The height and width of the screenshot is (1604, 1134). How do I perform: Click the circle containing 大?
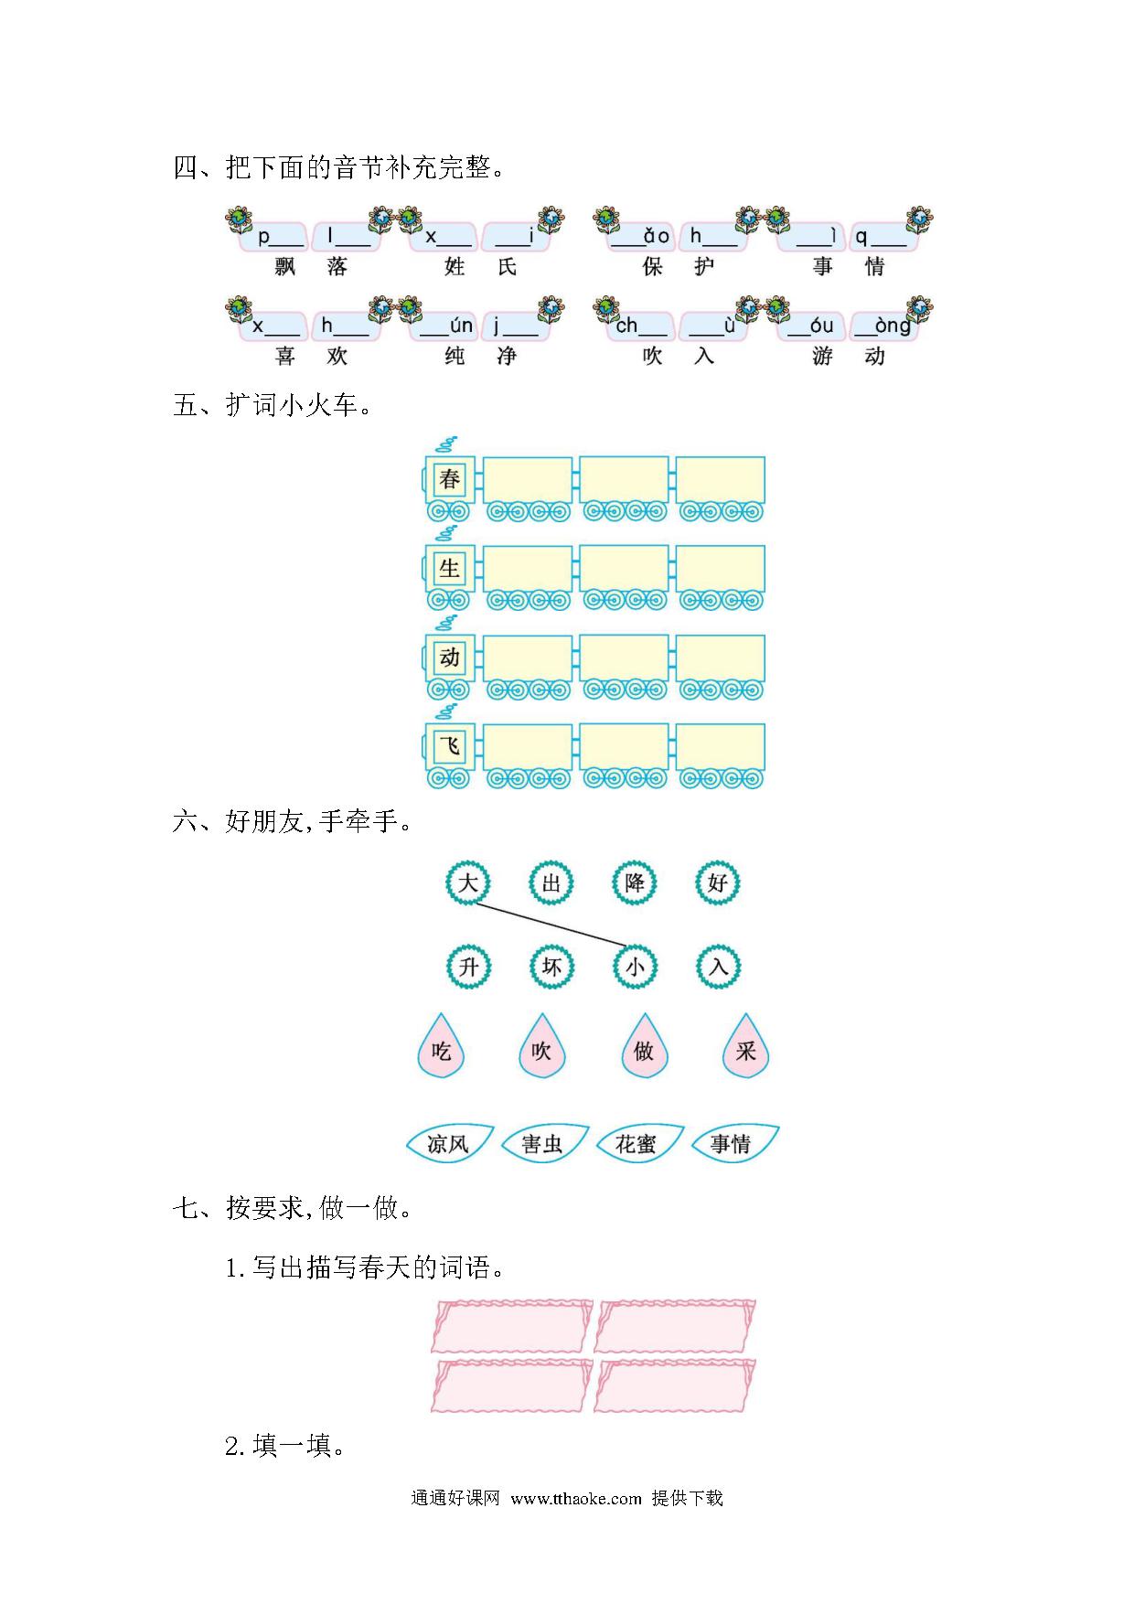click(x=467, y=882)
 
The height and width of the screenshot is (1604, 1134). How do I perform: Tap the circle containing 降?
click(x=635, y=882)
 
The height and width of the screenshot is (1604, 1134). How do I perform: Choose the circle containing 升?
click(x=468, y=967)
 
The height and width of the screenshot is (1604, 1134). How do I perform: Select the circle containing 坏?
click(x=551, y=967)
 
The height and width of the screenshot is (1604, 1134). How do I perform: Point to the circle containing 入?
click(x=719, y=967)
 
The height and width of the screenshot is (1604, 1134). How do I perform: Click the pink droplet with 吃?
click(x=441, y=1047)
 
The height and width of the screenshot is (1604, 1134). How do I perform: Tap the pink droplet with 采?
click(x=745, y=1047)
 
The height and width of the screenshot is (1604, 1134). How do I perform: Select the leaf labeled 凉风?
click(x=449, y=1143)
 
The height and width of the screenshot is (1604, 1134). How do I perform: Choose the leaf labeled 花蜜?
click(x=637, y=1143)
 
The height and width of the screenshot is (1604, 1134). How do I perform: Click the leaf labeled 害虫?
click(x=543, y=1143)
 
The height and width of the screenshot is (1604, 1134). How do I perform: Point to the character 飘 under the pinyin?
click(x=285, y=267)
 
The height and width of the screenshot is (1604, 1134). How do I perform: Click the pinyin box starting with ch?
click(x=640, y=326)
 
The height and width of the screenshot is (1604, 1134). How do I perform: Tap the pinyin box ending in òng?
click(x=883, y=326)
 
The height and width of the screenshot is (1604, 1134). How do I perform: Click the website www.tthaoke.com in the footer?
click(x=576, y=1499)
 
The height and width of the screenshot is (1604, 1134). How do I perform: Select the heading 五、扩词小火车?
click(x=273, y=405)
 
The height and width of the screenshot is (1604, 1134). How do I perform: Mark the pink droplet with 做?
click(x=644, y=1047)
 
